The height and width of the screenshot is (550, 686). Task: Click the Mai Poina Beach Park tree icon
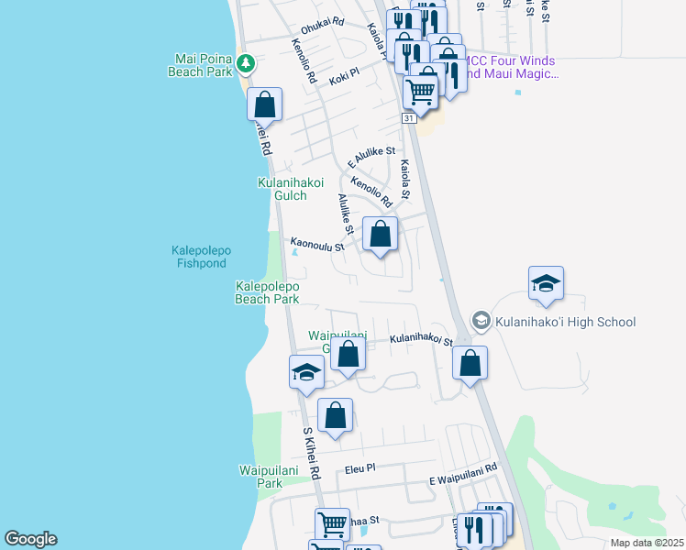[245, 63]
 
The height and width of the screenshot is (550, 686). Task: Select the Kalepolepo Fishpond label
[200, 256]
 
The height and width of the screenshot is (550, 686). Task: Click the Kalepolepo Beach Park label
[267, 292]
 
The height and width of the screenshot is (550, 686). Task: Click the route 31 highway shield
[409, 118]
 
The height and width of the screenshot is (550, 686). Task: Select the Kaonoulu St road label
[317, 246]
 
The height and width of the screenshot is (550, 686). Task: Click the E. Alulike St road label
[371, 157]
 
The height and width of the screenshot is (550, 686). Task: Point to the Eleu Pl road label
[360, 469]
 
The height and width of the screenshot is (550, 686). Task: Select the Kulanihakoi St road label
[420, 339]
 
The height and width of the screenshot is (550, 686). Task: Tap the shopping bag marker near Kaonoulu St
[381, 235]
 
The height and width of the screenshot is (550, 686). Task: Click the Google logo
[30, 539]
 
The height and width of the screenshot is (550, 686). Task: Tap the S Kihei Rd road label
[311, 454]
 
